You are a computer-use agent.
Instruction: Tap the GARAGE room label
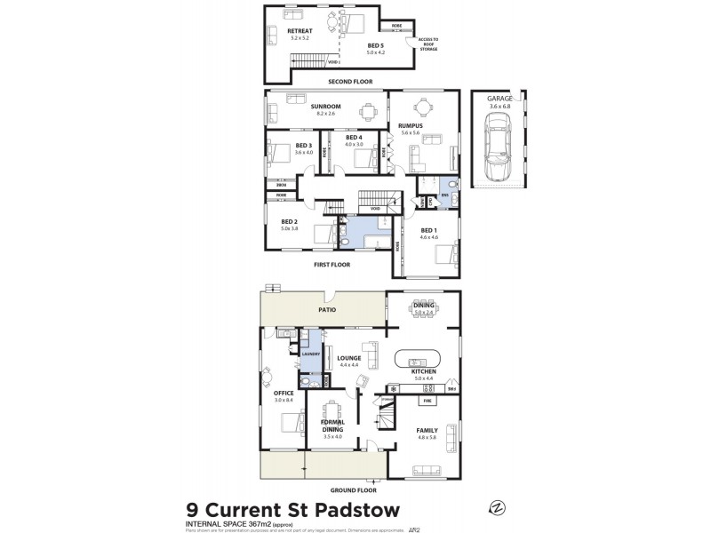499,99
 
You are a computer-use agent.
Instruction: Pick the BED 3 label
304,145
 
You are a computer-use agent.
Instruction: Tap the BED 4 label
354,137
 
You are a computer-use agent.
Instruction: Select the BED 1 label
429,229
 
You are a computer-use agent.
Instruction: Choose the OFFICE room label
284,393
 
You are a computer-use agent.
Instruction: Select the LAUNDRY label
310,354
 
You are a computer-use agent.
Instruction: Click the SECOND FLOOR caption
350,81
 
